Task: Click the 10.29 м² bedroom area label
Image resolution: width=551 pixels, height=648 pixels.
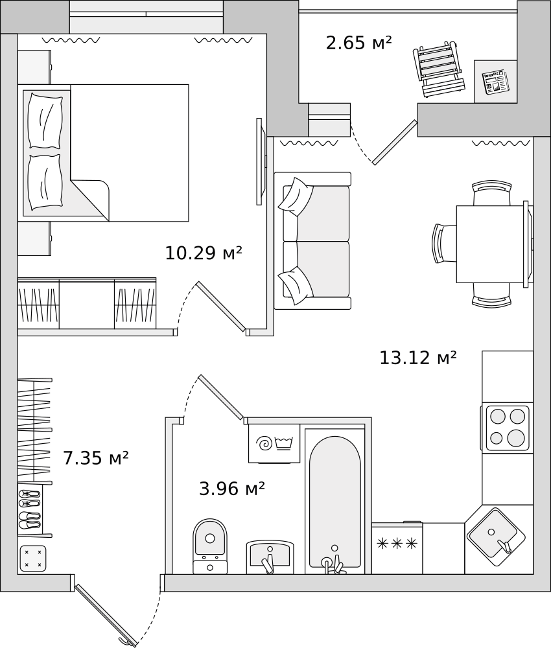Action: [204, 253]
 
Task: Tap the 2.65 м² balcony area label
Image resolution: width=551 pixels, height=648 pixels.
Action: [358, 43]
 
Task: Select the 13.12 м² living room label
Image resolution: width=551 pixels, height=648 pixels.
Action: [418, 358]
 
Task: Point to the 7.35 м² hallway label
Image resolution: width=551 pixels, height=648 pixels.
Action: [96, 458]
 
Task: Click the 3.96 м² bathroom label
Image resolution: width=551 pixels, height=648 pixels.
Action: [232, 489]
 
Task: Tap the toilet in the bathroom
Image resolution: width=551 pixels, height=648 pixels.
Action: [210, 546]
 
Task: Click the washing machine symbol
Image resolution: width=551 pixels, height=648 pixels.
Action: [274, 443]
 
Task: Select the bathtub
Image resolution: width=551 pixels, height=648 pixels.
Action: [335, 502]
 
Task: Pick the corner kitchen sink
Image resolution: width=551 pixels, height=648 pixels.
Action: [497, 538]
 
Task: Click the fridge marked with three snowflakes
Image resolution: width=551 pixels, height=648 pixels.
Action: [397, 548]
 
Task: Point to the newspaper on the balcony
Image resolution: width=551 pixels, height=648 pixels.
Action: [495, 82]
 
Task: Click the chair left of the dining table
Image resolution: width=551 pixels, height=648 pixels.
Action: [444, 243]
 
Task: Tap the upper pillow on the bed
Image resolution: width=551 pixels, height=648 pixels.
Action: [45, 121]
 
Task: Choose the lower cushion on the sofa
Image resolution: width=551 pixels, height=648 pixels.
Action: [295, 286]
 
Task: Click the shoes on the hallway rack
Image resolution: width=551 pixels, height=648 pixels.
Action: [30, 509]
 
